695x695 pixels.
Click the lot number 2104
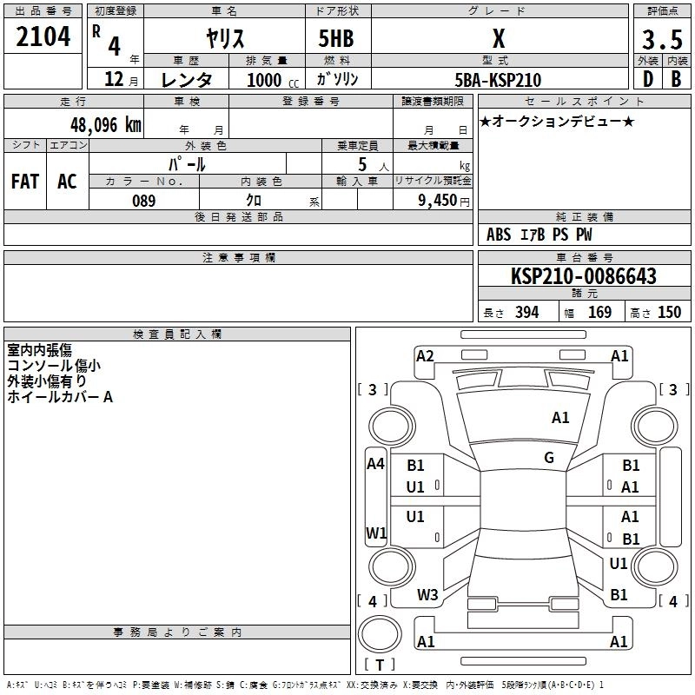pos(43,36)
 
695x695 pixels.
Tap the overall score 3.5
pos(662,39)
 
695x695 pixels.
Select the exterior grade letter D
pos(648,79)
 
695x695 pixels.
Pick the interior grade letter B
pos(676,79)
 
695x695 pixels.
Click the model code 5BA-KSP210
pos(498,80)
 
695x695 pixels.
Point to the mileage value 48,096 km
pos(105,125)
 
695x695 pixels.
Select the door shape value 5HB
pos(336,38)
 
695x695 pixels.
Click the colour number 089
pos(144,201)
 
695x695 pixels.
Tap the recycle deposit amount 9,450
pos(437,201)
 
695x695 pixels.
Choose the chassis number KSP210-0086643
pos(584,276)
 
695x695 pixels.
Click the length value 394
pos(527,312)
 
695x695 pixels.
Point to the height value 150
pos(669,312)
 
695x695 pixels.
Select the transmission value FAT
pos(25,182)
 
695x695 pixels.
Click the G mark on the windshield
pos(549,458)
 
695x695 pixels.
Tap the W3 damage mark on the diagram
pos(427,595)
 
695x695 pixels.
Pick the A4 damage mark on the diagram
pos(375,464)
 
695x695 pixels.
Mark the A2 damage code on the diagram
pos(425,356)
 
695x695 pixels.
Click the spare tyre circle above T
pos(380,634)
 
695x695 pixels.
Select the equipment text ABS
pos(499,235)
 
